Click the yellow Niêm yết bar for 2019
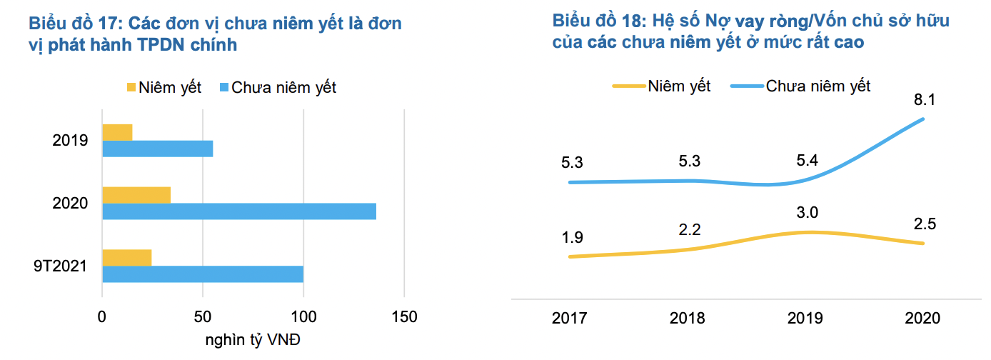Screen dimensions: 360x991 [x=117, y=132]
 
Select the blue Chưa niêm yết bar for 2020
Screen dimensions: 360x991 [x=239, y=211]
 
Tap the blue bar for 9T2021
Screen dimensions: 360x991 [x=203, y=274]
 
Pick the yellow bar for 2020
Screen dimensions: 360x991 [x=136, y=195]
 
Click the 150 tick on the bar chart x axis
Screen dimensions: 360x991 [x=404, y=316]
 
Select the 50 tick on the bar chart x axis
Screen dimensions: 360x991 [x=203, y=316]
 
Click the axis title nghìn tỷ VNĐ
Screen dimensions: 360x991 [x=253, y=339]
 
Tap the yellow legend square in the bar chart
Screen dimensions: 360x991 [x=131, y=88]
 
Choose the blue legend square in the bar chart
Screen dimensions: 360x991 [x=223, y=88]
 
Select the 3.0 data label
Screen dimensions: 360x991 [x=808, y=212]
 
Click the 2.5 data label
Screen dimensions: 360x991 [x=925, y=224]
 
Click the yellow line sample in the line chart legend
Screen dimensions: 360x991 [x=628, y=86]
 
